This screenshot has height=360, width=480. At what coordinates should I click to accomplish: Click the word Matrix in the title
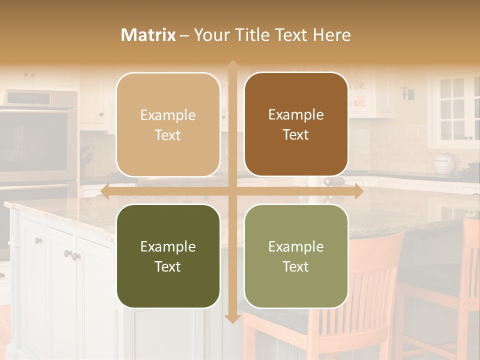click(148, 35)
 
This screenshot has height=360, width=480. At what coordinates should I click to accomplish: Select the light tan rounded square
click(168, 124)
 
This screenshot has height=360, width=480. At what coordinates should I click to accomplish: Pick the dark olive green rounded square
click(168, 256)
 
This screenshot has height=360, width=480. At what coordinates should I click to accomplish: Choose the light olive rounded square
click(296, 256)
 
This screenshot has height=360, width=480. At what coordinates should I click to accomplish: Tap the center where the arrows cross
click(232, 191)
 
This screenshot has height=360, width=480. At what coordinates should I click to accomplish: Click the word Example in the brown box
click(296, 114)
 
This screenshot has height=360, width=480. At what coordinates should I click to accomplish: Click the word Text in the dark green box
click(168, 266)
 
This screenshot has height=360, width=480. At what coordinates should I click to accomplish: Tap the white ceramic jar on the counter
click(443, 163)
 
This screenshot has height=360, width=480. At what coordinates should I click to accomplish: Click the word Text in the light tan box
click(168, 135)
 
